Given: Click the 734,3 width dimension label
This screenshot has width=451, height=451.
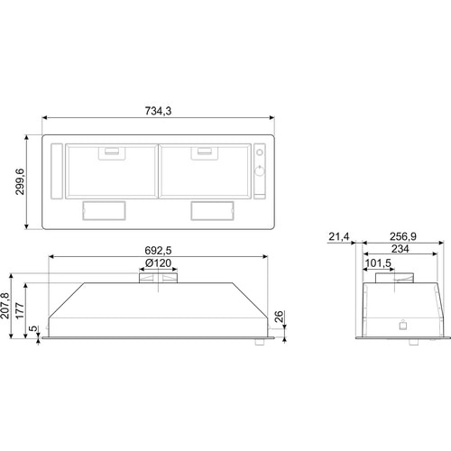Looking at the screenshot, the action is point(158,111).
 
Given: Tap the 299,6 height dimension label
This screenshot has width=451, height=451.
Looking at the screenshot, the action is point(20,181).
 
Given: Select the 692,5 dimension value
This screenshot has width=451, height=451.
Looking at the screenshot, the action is point(158,250).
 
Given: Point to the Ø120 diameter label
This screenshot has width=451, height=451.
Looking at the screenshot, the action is point(158,263).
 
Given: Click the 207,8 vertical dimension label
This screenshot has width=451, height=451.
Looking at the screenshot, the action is point(5,306).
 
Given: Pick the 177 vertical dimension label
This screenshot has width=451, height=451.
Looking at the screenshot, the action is point(20,311).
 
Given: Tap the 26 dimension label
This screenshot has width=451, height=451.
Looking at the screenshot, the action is point(279,317).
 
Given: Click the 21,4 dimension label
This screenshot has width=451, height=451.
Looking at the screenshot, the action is point(339,236).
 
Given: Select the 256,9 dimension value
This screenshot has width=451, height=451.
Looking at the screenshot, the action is point(403,236).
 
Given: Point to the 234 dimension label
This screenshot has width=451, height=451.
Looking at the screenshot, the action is point(400,249).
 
